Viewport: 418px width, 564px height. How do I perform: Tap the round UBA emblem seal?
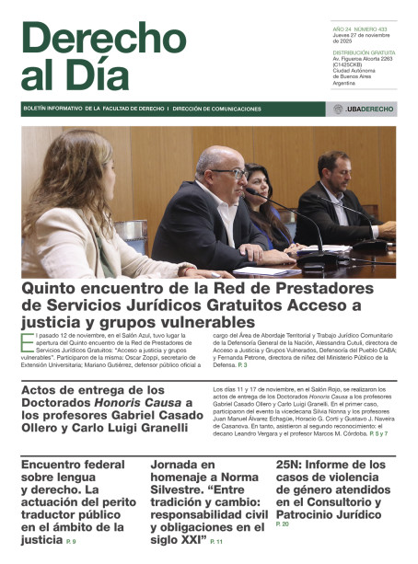[x=339, y=109]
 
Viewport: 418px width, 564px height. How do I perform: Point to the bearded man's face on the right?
[x=339, y=170]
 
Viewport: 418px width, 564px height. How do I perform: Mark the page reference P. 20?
[x=283, y=524]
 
